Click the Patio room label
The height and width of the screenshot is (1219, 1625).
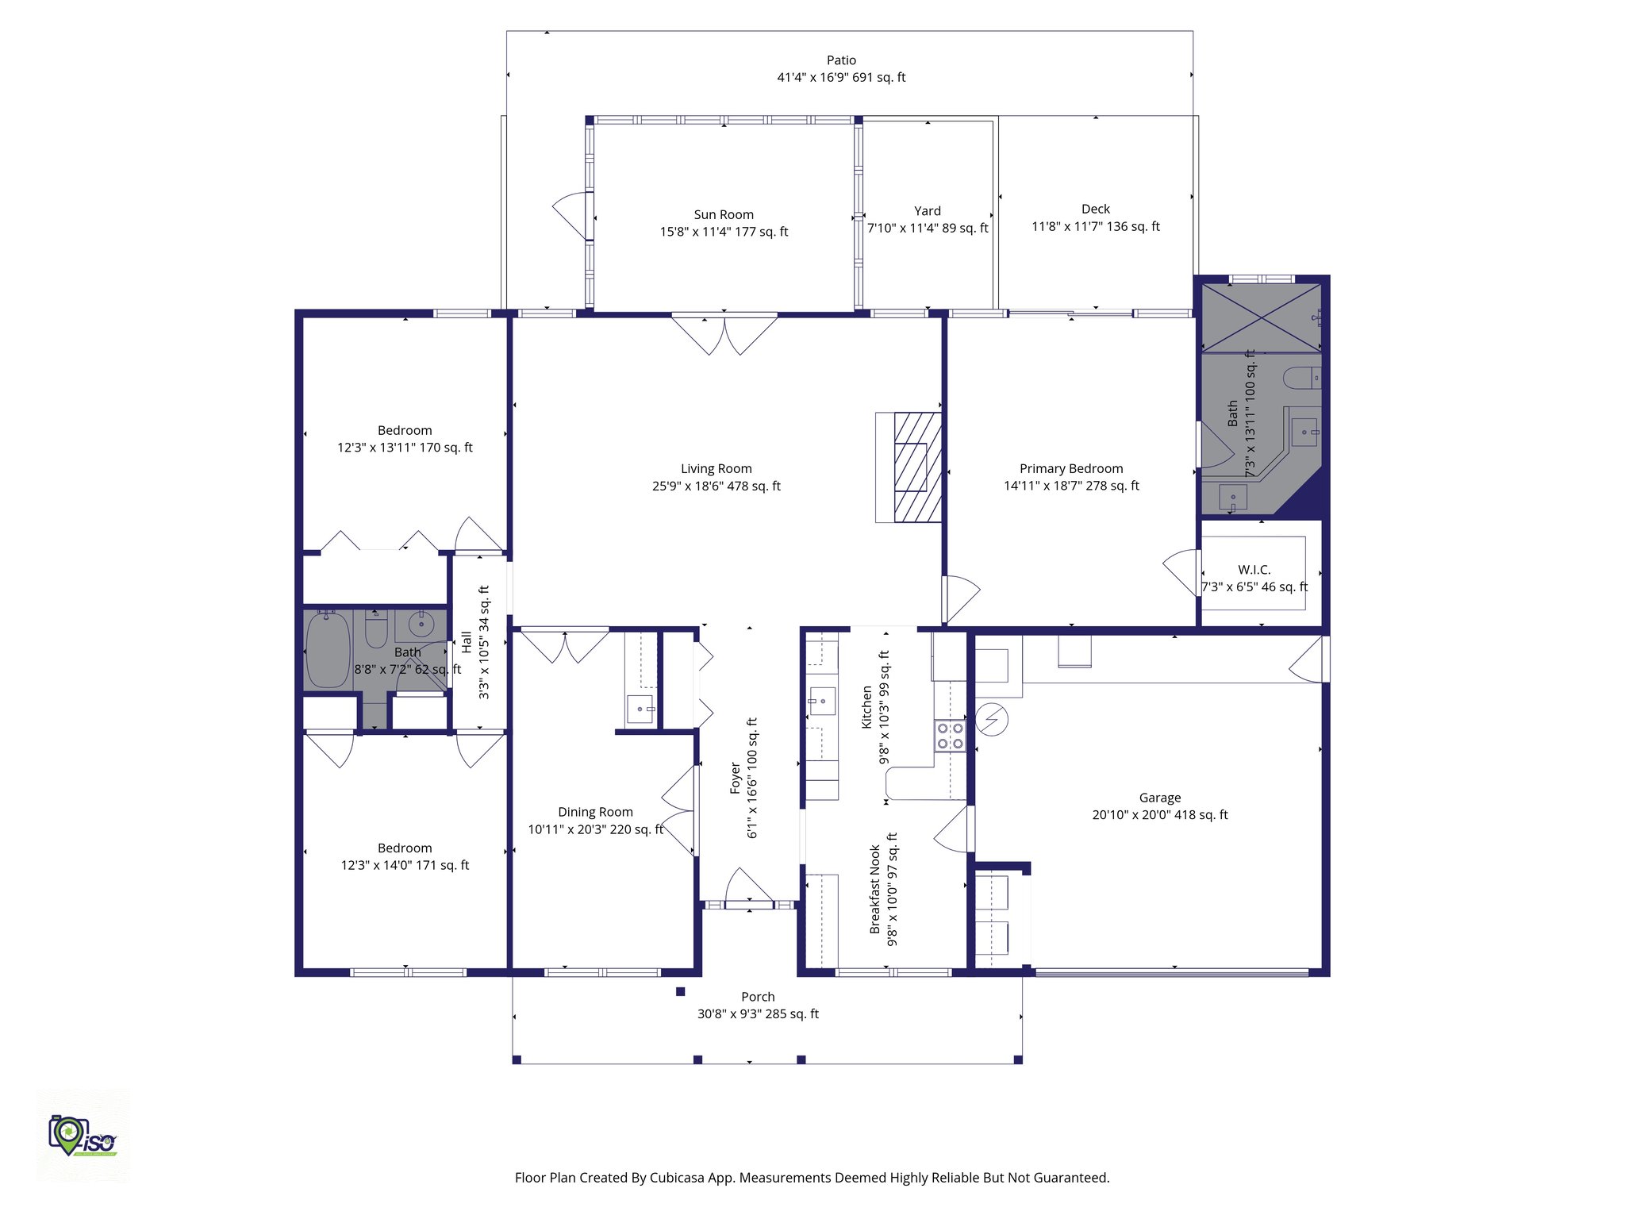coord(841,60)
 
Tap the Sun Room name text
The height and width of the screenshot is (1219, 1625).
coord(724,214)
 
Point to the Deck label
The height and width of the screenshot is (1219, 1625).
coord(1095,209)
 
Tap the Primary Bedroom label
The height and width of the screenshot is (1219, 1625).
coord(1071,468)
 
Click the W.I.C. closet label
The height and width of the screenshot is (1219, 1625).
coord(1254,570)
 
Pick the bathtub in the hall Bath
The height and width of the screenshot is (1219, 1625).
coord(328,649)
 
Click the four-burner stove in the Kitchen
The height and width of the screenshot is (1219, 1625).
coord(950,736)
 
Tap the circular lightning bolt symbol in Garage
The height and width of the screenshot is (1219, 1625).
coord(991,720)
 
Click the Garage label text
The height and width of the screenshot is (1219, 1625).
coord(1159,798)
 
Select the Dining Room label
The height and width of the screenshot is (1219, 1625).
coord(595,812)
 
